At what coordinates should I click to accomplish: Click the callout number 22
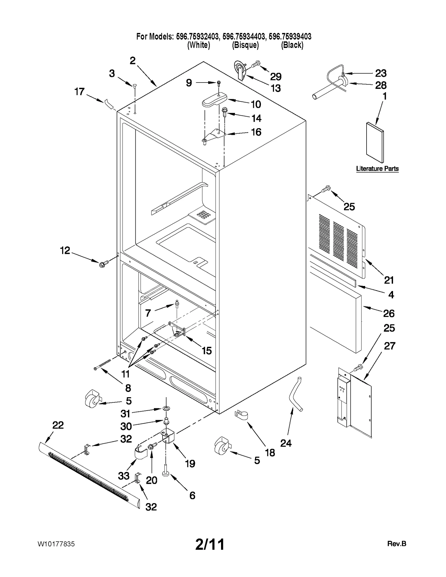[58, 425]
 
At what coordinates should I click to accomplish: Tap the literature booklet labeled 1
[375, 142]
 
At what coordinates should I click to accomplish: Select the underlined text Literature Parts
[377, 169]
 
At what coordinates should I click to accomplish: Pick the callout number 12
[65, 251]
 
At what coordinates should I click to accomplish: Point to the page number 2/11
[210, 544]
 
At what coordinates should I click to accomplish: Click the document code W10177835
[56, 544]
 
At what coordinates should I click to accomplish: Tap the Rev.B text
[397, 544]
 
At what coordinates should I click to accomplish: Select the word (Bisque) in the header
[245, 45]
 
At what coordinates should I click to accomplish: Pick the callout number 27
[389, 346]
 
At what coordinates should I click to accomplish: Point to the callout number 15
[207, 350]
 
